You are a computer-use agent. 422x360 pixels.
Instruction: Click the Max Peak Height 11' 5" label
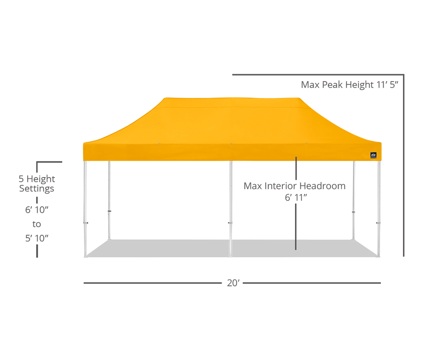point(349,85)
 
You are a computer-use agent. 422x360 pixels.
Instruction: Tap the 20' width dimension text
point(233,283)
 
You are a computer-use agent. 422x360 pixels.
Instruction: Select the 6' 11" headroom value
point(296,197)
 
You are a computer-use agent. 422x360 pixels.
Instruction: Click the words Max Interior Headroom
point(294,186)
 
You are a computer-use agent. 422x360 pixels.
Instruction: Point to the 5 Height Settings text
point(37,184)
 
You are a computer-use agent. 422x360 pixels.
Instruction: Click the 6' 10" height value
point(37,210)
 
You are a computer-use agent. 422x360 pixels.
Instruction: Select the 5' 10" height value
point(37,238)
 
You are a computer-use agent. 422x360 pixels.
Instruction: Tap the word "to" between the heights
point(37,224)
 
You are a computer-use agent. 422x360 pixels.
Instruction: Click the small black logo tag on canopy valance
point(373,155)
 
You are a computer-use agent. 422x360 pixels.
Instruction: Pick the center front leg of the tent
point(231,209)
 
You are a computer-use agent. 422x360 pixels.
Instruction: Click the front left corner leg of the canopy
point(85,209)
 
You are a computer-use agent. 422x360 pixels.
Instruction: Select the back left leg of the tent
point(109,201)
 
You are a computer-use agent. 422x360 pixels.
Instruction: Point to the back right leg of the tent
point(354,201)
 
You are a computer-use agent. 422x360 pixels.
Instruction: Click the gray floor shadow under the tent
point(232,248)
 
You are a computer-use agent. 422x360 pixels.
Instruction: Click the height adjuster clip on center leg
point(230,223)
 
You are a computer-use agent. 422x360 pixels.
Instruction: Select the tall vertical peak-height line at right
point(403,166)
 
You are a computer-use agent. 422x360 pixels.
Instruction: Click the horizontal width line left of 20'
point(152,283)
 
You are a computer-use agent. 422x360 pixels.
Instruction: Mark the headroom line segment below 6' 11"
point(296,227)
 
